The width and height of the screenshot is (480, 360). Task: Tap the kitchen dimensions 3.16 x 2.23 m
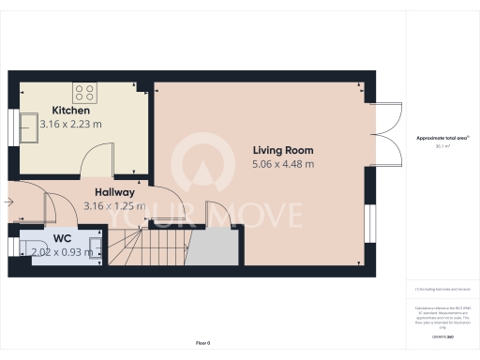tap(69, 124)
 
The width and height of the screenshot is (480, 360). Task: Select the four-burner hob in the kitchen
tap(85, 93)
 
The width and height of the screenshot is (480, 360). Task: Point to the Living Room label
tap(282, 150)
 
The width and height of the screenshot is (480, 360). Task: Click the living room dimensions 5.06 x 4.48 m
tap(282, 164)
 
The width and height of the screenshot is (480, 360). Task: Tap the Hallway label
tap(114, 192)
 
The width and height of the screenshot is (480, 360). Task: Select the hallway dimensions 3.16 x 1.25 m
tap(114, 205)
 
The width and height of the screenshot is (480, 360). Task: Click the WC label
tap(62, 238)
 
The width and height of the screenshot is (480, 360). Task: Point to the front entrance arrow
tap(9, 200)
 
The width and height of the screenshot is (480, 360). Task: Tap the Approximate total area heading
tap(442, 138)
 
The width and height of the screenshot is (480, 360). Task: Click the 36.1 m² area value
tap(442, 146)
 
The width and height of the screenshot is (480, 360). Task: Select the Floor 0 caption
tap(202, 344)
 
